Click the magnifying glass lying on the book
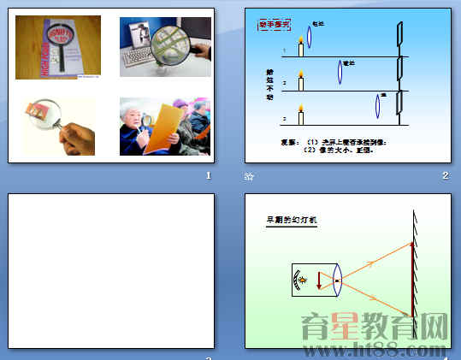tap(59, 43)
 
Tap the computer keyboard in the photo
tap(141, 61)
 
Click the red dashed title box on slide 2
tap(275, 25)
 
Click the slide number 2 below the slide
tap(446, 175)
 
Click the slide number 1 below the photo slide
tap(208, 175)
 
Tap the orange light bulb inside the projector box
tap(301, 280)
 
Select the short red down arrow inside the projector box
tap(318, 280)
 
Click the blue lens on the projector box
tap(337, 280)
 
